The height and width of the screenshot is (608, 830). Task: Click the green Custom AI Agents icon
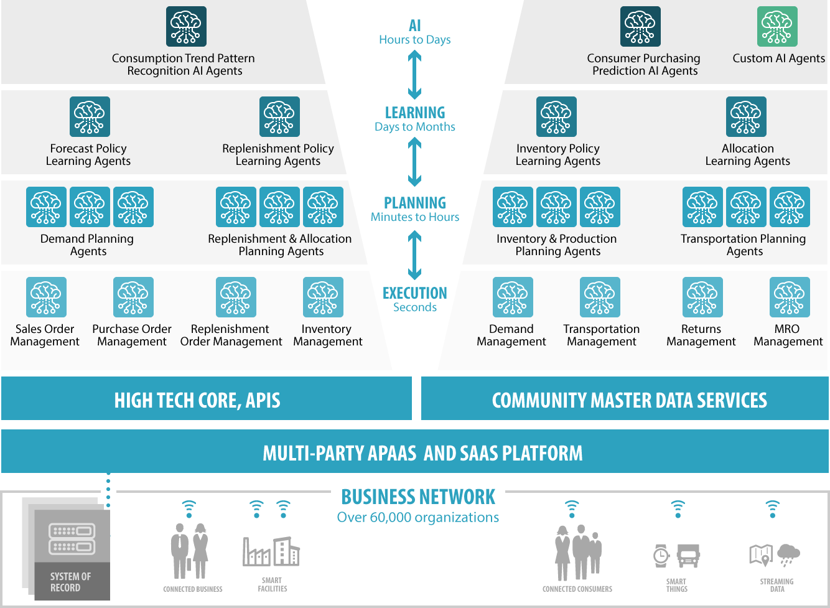click(777, 27)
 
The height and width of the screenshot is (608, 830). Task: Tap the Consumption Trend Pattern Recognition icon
click(186, 27)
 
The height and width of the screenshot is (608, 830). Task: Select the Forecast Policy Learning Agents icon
click(90, 116)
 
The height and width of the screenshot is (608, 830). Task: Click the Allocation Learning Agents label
click(747, 155)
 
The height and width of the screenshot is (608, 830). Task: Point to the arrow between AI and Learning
click(415, 75)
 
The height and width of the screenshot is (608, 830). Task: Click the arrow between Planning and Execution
click(415, 255)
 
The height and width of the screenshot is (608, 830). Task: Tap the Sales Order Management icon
click(46, 297)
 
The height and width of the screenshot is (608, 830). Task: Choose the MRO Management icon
click(790, 297)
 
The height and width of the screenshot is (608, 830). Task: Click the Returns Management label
click(701, 335)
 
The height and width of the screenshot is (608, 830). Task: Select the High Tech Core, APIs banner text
click(197, 400)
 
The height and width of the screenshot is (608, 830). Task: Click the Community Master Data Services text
click(629, 400)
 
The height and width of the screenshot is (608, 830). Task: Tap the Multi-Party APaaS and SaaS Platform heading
click(422, 453)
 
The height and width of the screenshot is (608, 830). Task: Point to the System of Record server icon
click(72, 539)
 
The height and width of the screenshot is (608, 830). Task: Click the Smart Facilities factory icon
click(271, 551)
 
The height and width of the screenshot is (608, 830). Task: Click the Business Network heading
click(418, 497)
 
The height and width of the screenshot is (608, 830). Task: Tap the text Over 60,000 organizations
click(417, 517)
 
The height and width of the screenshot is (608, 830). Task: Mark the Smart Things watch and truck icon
click(677, 555)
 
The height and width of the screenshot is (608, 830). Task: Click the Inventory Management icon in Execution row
click(323, 297)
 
